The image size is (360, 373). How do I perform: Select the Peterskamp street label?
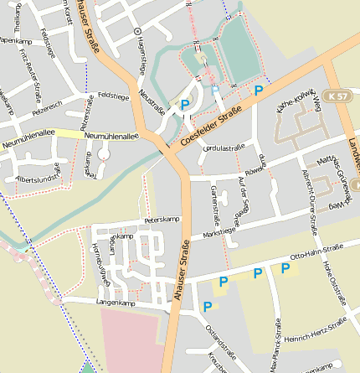click(162, 220)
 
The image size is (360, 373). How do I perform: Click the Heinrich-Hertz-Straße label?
click(316, 333)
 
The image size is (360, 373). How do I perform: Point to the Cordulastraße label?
click(224, 148)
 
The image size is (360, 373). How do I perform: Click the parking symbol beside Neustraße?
click(185, 105)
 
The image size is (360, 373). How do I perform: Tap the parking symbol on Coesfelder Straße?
click(259, 90)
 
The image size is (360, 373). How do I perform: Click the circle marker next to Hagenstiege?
click(138, 31)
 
